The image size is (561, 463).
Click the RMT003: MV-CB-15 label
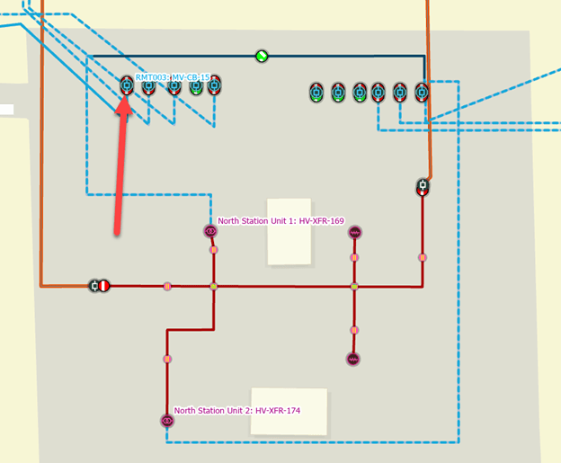[173, 78]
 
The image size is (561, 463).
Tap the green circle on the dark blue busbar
[262, 56]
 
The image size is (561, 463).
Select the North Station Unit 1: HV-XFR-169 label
[280, 220]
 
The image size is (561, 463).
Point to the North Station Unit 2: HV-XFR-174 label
[237, 410]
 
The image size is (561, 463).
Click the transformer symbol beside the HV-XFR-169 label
[210, 231]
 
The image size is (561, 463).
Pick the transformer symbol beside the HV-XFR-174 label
[166, 420]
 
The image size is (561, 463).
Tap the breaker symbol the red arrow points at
[127, 86]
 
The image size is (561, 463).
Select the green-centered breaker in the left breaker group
[195, 87]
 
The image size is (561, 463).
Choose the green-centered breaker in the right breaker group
[338, 91]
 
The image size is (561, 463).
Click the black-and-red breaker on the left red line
[99, 286]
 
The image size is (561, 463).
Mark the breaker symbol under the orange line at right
[423, 188]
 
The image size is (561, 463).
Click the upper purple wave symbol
[354, 232]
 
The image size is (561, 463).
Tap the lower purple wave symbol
[352, 359]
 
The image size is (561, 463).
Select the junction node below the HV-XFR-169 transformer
[213, 287]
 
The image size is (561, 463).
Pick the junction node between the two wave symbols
[354, 287]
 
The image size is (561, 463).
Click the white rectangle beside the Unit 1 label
[289, 231]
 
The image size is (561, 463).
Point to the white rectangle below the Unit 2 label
[289, 411]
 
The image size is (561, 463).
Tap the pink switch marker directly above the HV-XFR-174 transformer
[166, 359]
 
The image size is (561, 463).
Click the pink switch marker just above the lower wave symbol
[354, 330]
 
